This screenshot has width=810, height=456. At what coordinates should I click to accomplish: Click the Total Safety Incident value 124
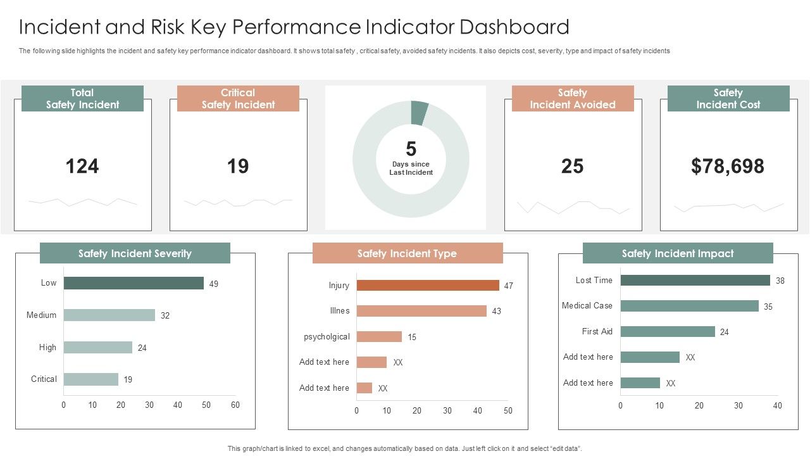pos(82,166)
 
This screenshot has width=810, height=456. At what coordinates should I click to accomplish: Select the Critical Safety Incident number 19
pos(238,166)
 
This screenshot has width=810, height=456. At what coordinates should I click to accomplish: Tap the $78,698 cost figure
pos(728,166)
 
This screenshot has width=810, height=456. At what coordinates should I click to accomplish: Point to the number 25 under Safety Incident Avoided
pos(572,166)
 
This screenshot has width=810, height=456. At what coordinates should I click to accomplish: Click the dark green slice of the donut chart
pos(419,112)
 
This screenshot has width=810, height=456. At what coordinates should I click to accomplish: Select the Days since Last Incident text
pos(411,168)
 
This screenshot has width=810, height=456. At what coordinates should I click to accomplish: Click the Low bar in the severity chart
pos(134,283)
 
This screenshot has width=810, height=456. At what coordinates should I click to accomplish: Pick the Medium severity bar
pos(109,315)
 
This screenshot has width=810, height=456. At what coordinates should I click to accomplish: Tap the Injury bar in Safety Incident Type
pos(428,286)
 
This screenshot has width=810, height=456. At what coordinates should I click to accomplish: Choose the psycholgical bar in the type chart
pos(379,337)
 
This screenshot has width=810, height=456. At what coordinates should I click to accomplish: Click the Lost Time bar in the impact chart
pos(695,281)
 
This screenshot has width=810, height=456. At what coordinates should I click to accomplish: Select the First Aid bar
pos(668,332)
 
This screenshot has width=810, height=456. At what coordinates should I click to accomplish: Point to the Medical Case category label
pos(587,306)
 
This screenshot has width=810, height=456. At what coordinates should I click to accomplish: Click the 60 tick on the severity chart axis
pos(235,405)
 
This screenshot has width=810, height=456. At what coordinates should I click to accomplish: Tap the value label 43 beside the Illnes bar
pos(497,312)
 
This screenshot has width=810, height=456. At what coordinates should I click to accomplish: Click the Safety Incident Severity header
pos(135,253)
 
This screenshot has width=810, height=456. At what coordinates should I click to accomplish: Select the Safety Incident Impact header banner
pos(678,253)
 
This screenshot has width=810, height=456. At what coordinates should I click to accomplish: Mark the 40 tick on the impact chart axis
pos(778,406)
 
